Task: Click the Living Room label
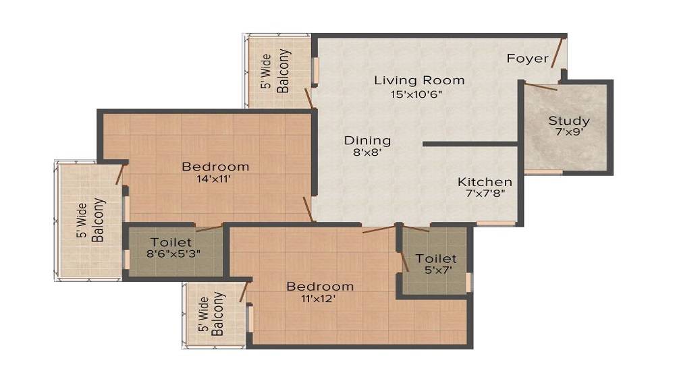pyautogui.click(x=419, y=80)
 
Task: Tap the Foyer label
pyautogui.click(x=527, y=59)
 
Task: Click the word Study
pyautogui.click(x=568, y=121)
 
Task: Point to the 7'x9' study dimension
pyautogui.click(x=568, y=133)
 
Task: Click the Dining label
pyautogui.click(x=367, y=140)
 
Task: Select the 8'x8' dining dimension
pyautogui.click(x=367, y=153)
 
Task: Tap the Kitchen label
pyautogui.click(x=485, y=182)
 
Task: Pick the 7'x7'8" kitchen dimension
pyautogui.click(x=485, y=194)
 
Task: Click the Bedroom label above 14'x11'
pyautogui.click(x=215, y=167)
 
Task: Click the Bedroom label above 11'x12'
pyautogui.click(x=320, y=287)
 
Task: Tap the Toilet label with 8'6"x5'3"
pyautogui.click(x=171, y=241)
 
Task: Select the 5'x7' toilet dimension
pyautogui.click(x=435, y=271)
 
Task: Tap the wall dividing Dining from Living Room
pyautogui.click(x=470, y=144)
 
